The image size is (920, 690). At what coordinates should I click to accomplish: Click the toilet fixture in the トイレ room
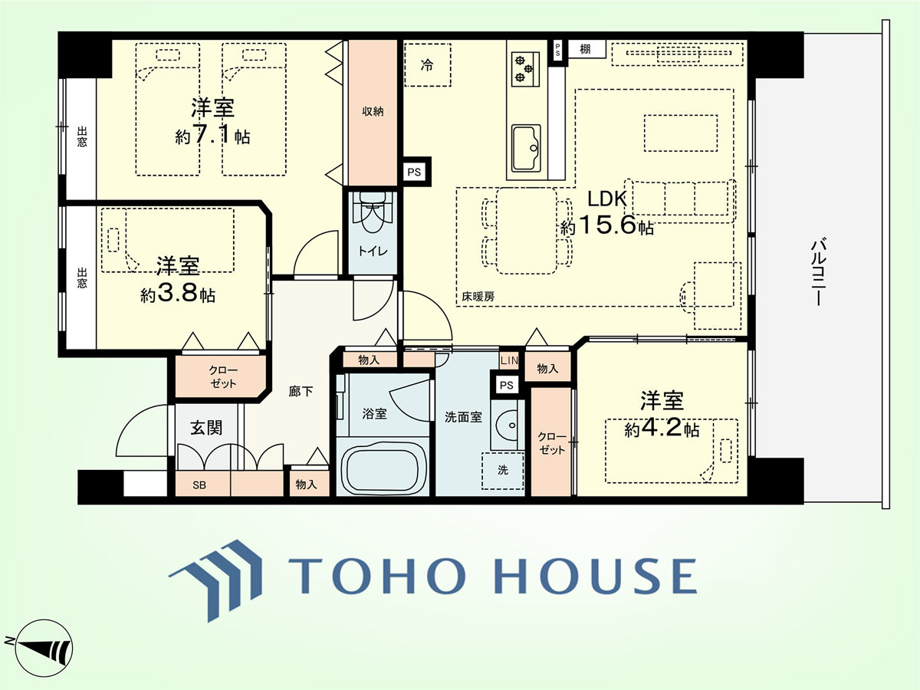[370, 212]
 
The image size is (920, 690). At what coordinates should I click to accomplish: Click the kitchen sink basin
[526, 148]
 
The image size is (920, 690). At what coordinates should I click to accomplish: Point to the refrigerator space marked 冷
[427, 65]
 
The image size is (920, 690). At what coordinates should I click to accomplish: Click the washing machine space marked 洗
[503, 470]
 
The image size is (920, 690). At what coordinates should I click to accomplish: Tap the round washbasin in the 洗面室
[508, 425]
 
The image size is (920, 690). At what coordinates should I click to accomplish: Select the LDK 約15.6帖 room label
[607, 213]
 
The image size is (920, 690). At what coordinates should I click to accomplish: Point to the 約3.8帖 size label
[178, 294]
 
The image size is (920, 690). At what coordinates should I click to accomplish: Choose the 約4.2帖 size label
[662, 429]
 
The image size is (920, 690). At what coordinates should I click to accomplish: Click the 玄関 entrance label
[206, 428]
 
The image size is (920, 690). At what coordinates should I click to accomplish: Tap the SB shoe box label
[199, 485]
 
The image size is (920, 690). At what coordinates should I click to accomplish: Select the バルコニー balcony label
[818, 272]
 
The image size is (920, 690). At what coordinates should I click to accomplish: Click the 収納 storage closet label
[373, 111]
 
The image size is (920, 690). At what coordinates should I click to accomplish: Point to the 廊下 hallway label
[301, 391]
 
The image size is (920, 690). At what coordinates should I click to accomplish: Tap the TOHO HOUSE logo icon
[215, 580]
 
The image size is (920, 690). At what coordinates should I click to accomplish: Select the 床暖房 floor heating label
[478, 297]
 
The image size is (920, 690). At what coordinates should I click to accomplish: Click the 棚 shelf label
[585, 49]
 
